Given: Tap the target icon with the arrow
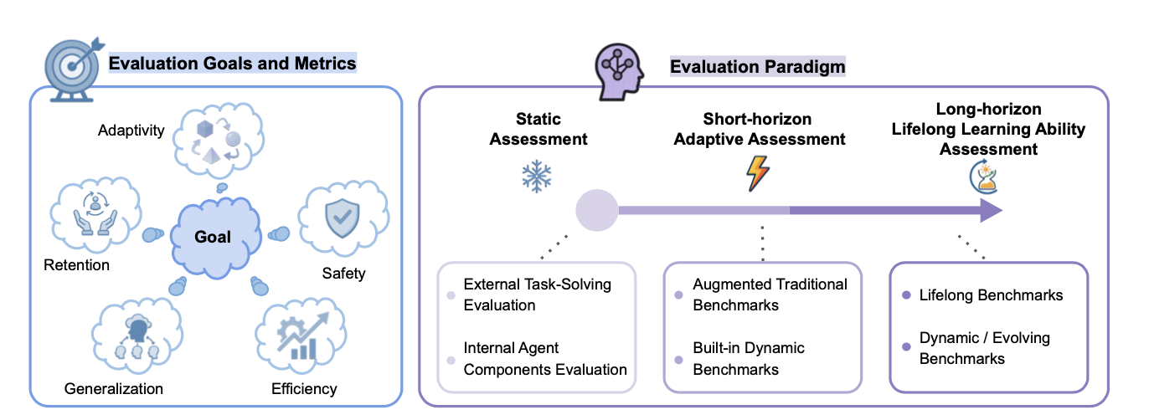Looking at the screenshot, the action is coord(72,69).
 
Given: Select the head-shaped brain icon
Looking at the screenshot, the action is coord(619,72).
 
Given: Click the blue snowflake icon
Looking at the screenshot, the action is coord(536,177).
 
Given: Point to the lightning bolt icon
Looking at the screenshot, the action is coord(757,173).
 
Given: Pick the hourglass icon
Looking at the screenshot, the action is coord(984,177).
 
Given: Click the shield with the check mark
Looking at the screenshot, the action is coord(342,218).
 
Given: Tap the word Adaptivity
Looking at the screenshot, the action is coord(131,131).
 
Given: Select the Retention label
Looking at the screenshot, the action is coord(76,265).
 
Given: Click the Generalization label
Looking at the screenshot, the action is coord(113,388).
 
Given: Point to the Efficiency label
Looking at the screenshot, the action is coord(304,388).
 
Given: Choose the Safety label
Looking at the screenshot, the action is coord(343,274).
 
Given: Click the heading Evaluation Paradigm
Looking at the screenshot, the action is coord(757,66).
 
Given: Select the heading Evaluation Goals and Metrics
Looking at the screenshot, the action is coord(232,63).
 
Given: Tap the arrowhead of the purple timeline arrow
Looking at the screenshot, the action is coord(991,210).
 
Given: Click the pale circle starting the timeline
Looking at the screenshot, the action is coord(596,210).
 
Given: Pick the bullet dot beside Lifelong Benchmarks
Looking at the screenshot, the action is coord(906,295).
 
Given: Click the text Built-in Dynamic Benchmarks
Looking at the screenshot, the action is coord(748,359).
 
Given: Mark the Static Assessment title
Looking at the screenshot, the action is coord(538,129).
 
